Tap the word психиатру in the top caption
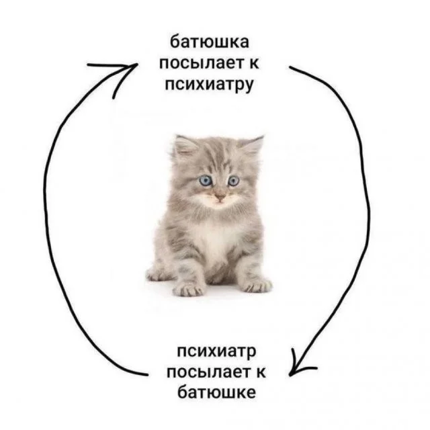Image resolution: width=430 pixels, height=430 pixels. click(208, 86)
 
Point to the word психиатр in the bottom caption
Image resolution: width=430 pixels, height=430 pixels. click(217, 351)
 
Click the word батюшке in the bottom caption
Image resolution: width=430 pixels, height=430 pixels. click(217, 392)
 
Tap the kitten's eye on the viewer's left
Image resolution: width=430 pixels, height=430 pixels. click(205, 180)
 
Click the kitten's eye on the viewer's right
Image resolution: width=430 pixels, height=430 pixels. click(233, 181)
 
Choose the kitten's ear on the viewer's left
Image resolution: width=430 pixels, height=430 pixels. click(185, 146)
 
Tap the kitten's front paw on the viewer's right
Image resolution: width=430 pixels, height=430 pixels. click(255, 285)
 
